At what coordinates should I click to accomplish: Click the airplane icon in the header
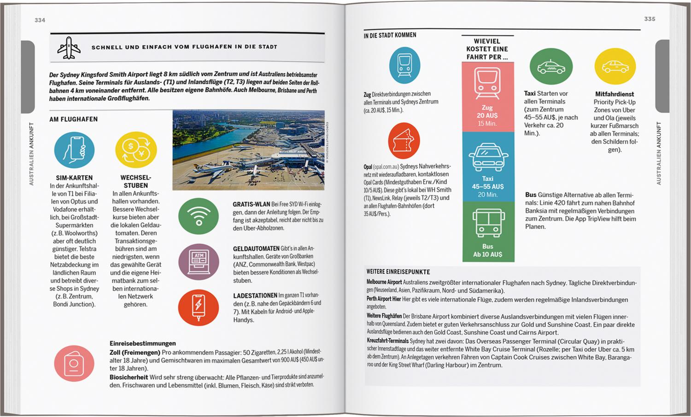pyautogui.click(x=69, y=47)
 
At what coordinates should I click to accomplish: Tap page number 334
pyautogui.click(x=40, y=20)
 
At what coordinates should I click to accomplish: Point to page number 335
pyautogui.click(x=650, y=19)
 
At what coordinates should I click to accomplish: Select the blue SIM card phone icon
pyautogui.click(x=74, y=150)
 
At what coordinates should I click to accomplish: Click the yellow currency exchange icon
pyautogui.click(x=136, y=150)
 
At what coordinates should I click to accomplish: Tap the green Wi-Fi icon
pyautogui.click(x=199, y=216)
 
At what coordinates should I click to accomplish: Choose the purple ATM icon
pyautogui.click(x=199, y=261)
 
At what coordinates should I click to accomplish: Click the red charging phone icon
pyautogui.click(x=199, y=307)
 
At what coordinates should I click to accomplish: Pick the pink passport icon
pyautogui.click(x=74, y=363)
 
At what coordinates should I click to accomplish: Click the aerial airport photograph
pyautogui.click(x=248, y=150)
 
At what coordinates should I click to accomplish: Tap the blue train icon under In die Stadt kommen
pyautogui.click(x=404, y=65)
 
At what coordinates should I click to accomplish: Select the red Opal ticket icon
pyautogui.click(x=404, y=140)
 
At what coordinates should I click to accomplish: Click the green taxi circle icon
pyautogui.click(x=551, y=67)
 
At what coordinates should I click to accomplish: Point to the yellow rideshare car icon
pyautogui.click(x=615, y=67)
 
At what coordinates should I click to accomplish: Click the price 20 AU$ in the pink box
pyautogui.click(x=487, y=116)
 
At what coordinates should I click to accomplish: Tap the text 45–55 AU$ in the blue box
pyautogui.click(x=488, y=186)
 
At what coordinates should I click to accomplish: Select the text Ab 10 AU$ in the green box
pyautogui.click(x=488, y=254)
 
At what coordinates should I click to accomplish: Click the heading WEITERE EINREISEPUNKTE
pyautogui.click(x=398, y=272)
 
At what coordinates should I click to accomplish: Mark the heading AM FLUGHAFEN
pyautogui.click(x=74, y=119)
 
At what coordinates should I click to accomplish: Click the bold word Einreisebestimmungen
pyautogui.click(x=143, y=343)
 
